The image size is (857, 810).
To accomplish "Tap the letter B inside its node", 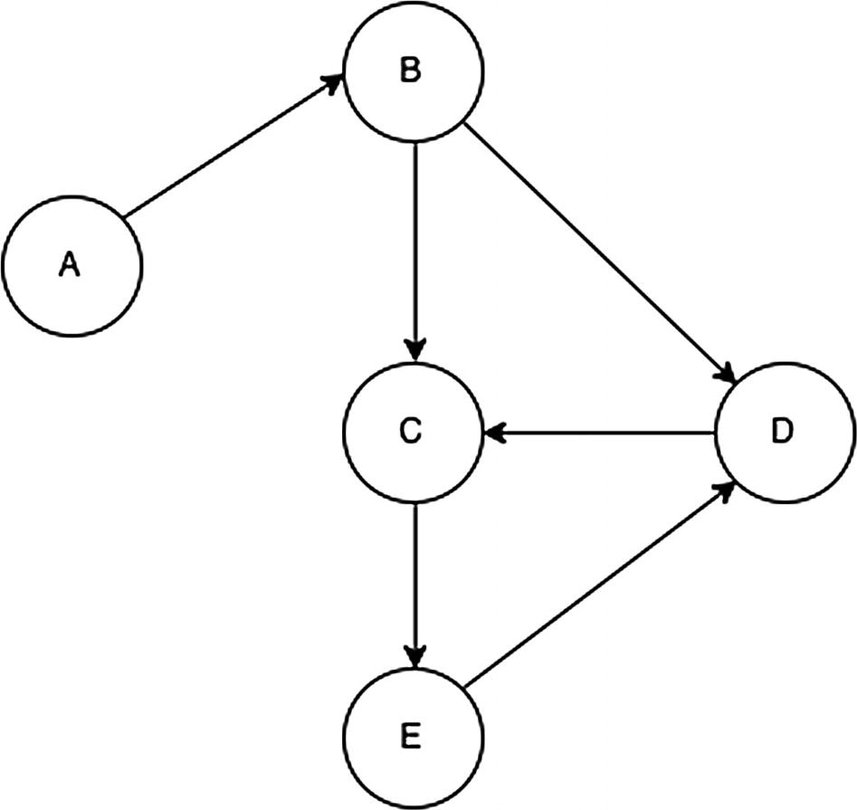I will click(x=410, y=71).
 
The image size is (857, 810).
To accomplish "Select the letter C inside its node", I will click(x=410, y=433).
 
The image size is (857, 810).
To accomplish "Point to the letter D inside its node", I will click(x=782, y=433).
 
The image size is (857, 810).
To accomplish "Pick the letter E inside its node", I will click(x=410, y=738).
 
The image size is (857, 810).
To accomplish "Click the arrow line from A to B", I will click(x=233, y=148).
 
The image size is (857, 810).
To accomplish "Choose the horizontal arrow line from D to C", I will click(x=602, y=434).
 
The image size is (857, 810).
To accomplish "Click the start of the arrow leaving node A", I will click(x=126, y=216).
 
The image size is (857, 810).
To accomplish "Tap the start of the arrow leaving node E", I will click(x=468, y=682).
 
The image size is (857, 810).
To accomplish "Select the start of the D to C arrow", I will click(x=713, y=434).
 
